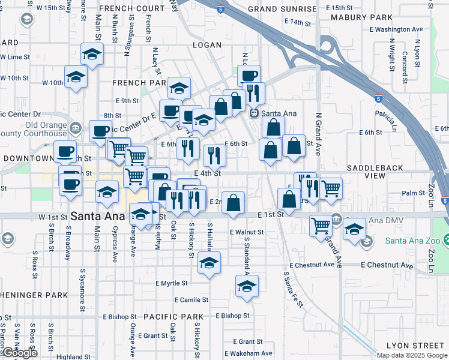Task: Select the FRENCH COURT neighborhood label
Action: pyautogui.click(x=132, y=8)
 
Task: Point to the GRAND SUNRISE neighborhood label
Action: pyautogui.click(x=282, y=10)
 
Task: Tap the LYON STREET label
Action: pyautogui.click(x=415, y=346)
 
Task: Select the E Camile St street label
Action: pyautogui.click(x=191, y=299)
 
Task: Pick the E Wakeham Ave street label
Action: pyautogui.click(x=249, y=353)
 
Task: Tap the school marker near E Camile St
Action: pyautogui.click(x=247, y=286)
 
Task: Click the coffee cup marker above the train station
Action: pyautogui.click(x=249, y=76)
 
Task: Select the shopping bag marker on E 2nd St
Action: pyautogui.click(x=233, y=202)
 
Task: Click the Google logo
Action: pyautogui.click(x=19, y=353)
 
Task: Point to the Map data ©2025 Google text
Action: pyautogui.click(x=412, y=355)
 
